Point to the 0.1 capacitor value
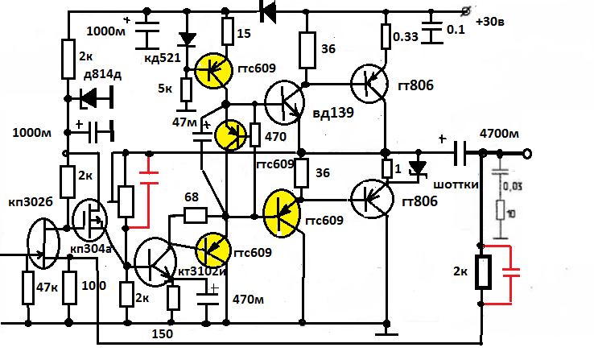point(456,31)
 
